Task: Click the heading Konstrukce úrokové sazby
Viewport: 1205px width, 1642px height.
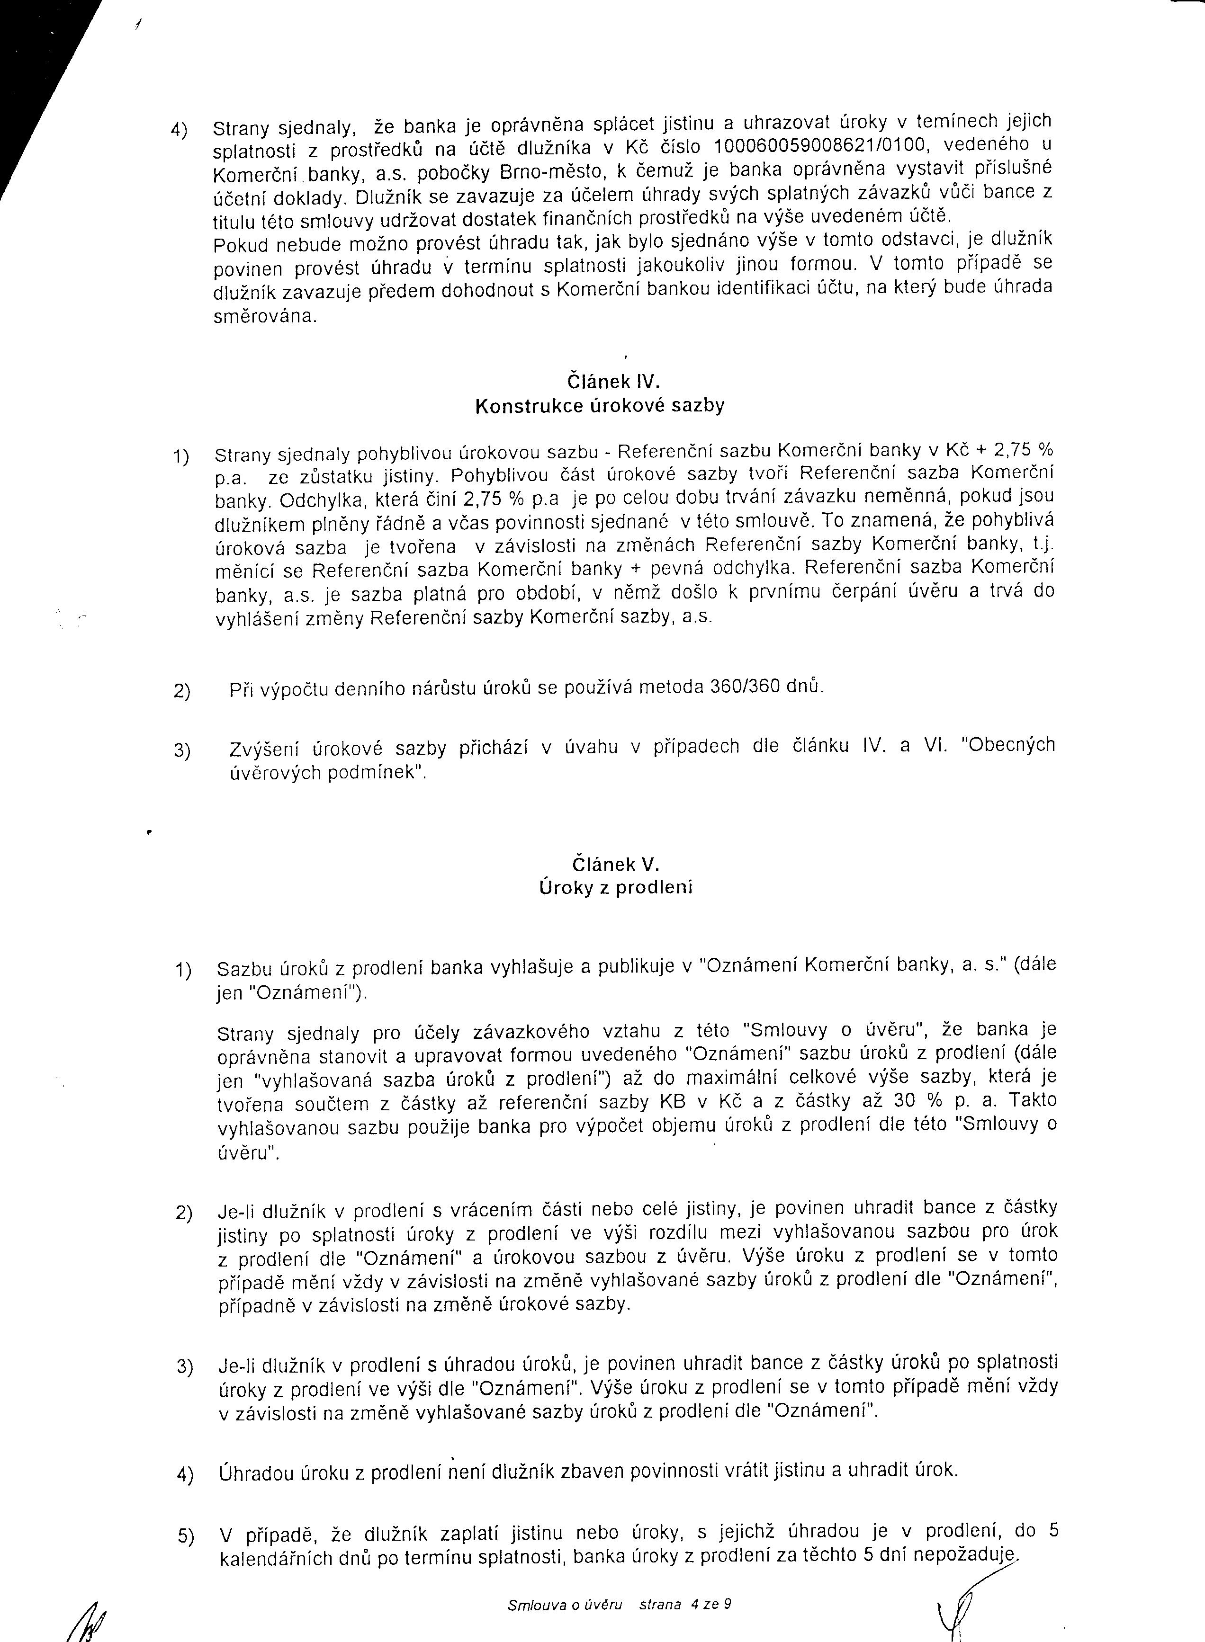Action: tap(600, 406)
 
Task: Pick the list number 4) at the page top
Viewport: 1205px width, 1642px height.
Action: tap(180, 130)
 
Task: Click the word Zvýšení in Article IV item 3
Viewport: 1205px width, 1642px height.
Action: tap(261, 748)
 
